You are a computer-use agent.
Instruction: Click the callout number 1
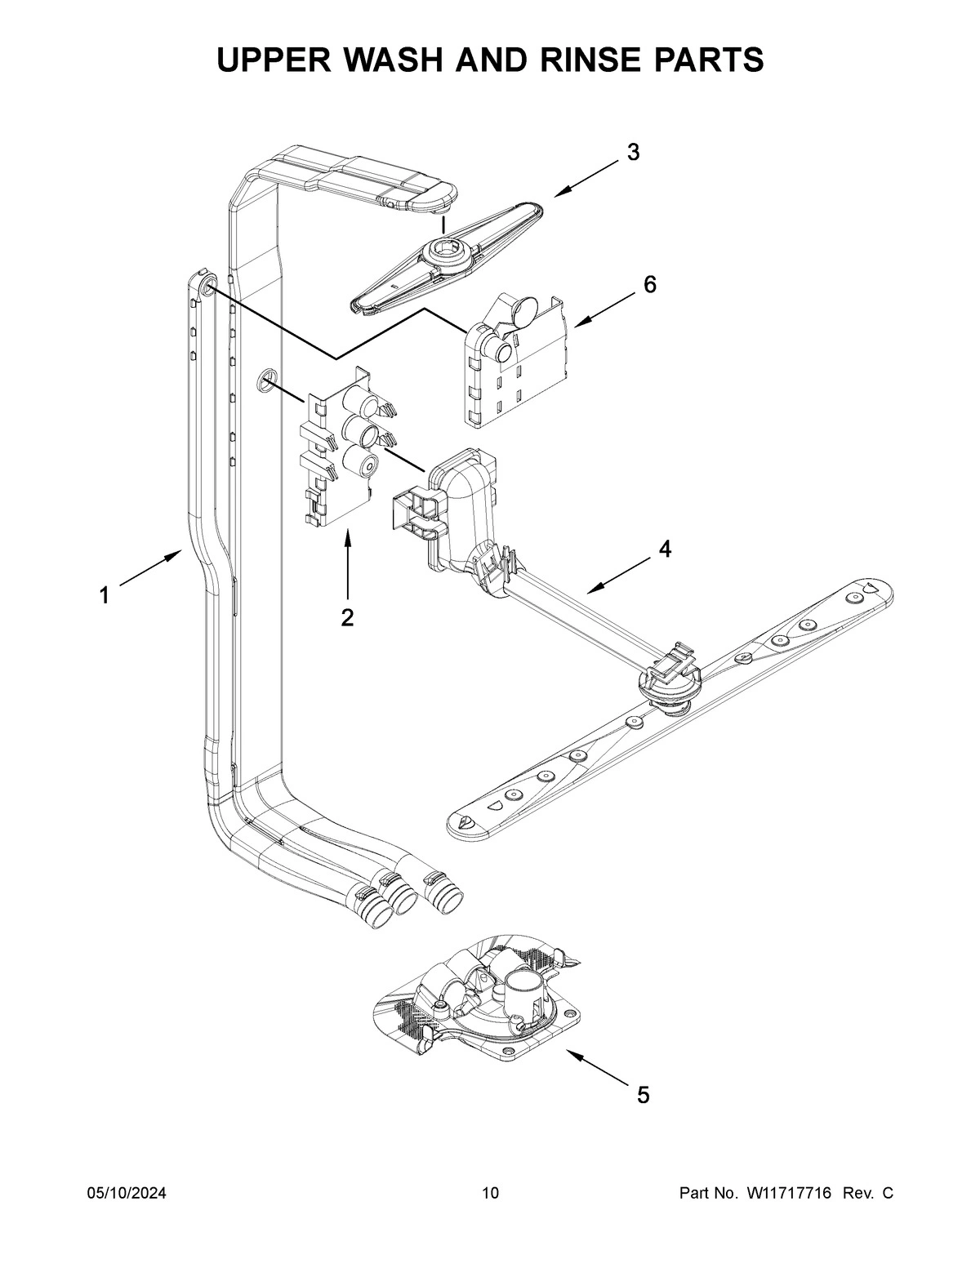click(x=104, y=596)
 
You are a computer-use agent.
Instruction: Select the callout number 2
click(x=347, y=618)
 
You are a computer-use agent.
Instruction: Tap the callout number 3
click(x=633, y=152)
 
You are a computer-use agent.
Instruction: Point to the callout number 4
click(x=666, y=549)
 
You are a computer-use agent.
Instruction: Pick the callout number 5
click(x=644, y=1095)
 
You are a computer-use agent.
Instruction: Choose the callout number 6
click(x=649, y=284)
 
